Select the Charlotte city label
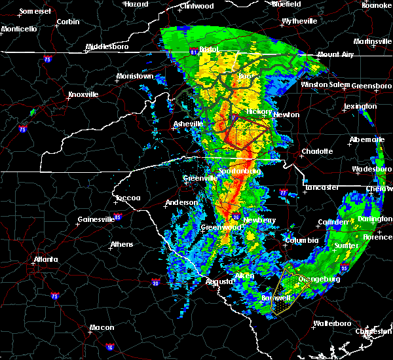pyautogui.click(x=318, y=151)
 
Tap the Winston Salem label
pyautogui.click(x=326, y=84)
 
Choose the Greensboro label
pyautogui.click(x=372, y=86)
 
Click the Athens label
pyautogui.click(x=121, y=244)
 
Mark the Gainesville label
pyautogui.click(x=96, y=219)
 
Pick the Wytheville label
pyautogui.click(x=299, y=21)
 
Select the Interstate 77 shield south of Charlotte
pyautogui.click(x=283, y=193)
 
